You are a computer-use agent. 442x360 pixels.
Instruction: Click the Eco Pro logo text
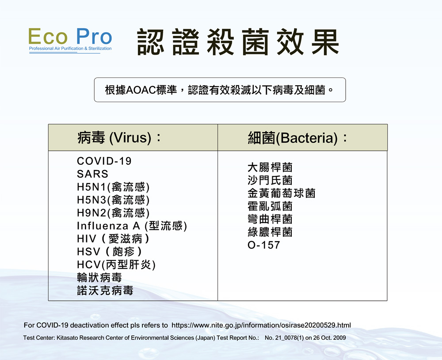[x=70, y=36]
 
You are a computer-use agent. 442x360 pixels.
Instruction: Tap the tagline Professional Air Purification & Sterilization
[x=70, y=49]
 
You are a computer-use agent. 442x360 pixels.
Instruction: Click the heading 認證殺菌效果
[x=238, y=42]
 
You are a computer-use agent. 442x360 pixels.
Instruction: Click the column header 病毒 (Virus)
[x=119, y=138]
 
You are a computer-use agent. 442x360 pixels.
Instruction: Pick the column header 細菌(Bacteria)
[x=297, y=138]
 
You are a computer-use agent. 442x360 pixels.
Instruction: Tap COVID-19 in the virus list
[x=104, y=161]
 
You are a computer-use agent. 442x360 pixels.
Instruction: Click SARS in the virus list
[x=92, y=174]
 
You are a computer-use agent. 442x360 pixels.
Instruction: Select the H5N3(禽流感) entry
[x=113, y=200]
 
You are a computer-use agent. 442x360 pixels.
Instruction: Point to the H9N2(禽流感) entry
[x=113, y=213]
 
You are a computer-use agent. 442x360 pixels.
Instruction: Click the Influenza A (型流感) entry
[x=132, y=226]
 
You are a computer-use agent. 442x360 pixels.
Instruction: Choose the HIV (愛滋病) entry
[x=113, y=239]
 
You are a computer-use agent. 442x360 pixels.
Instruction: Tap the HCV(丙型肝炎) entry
[x=116, y=265]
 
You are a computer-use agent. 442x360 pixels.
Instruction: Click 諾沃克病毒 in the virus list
[x=105, y=290]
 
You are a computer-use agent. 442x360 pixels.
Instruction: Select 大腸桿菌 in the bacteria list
[x=270, y=167]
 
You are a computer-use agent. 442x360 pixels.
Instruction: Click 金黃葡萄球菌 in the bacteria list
[x=281, y=193]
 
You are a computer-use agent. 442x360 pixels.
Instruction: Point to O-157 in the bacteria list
[x=264, y=245]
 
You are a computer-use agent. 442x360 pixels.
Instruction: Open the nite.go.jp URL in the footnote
[x=261, y=326]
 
